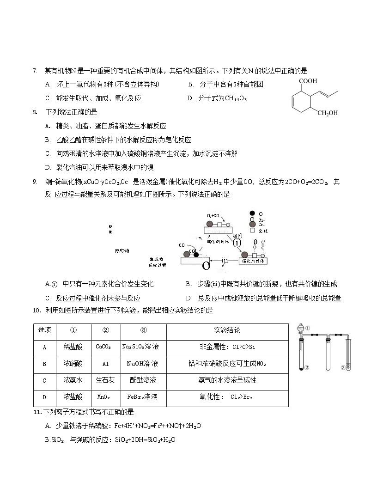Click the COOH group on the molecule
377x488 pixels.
[x=308, y=81]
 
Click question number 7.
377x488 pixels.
[x=35, y=71]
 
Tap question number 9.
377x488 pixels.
[x=35, y=182]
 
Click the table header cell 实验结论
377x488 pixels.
[x=227, y=330]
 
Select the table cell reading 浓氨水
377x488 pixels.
[x=73, y=380]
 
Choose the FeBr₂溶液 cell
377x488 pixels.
[x=143, y=397]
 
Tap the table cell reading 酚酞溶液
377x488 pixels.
[x=143, y=380]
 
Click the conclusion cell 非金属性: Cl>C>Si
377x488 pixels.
[x=227, y=347]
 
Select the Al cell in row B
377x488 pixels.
[x=105, y=364]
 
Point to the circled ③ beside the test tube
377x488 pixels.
[x=343, y=368]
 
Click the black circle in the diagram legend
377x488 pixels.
[x=252, y=213]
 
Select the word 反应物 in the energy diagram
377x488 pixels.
[x=122, y=251]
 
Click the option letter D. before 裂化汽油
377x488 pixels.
[x=48, y=167]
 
